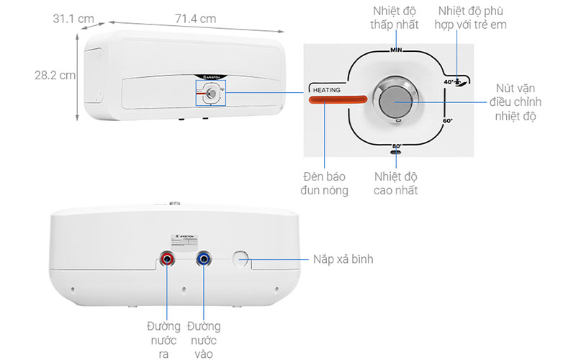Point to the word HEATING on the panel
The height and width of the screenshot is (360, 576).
325,89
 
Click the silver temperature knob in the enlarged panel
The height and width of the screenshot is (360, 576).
395,102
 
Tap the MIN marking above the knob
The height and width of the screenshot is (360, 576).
395,50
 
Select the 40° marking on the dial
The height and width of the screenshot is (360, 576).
449,82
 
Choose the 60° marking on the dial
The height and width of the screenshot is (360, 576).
447,121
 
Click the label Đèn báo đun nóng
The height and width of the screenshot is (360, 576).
325,183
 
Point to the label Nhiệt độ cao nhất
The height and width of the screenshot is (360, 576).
395,183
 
